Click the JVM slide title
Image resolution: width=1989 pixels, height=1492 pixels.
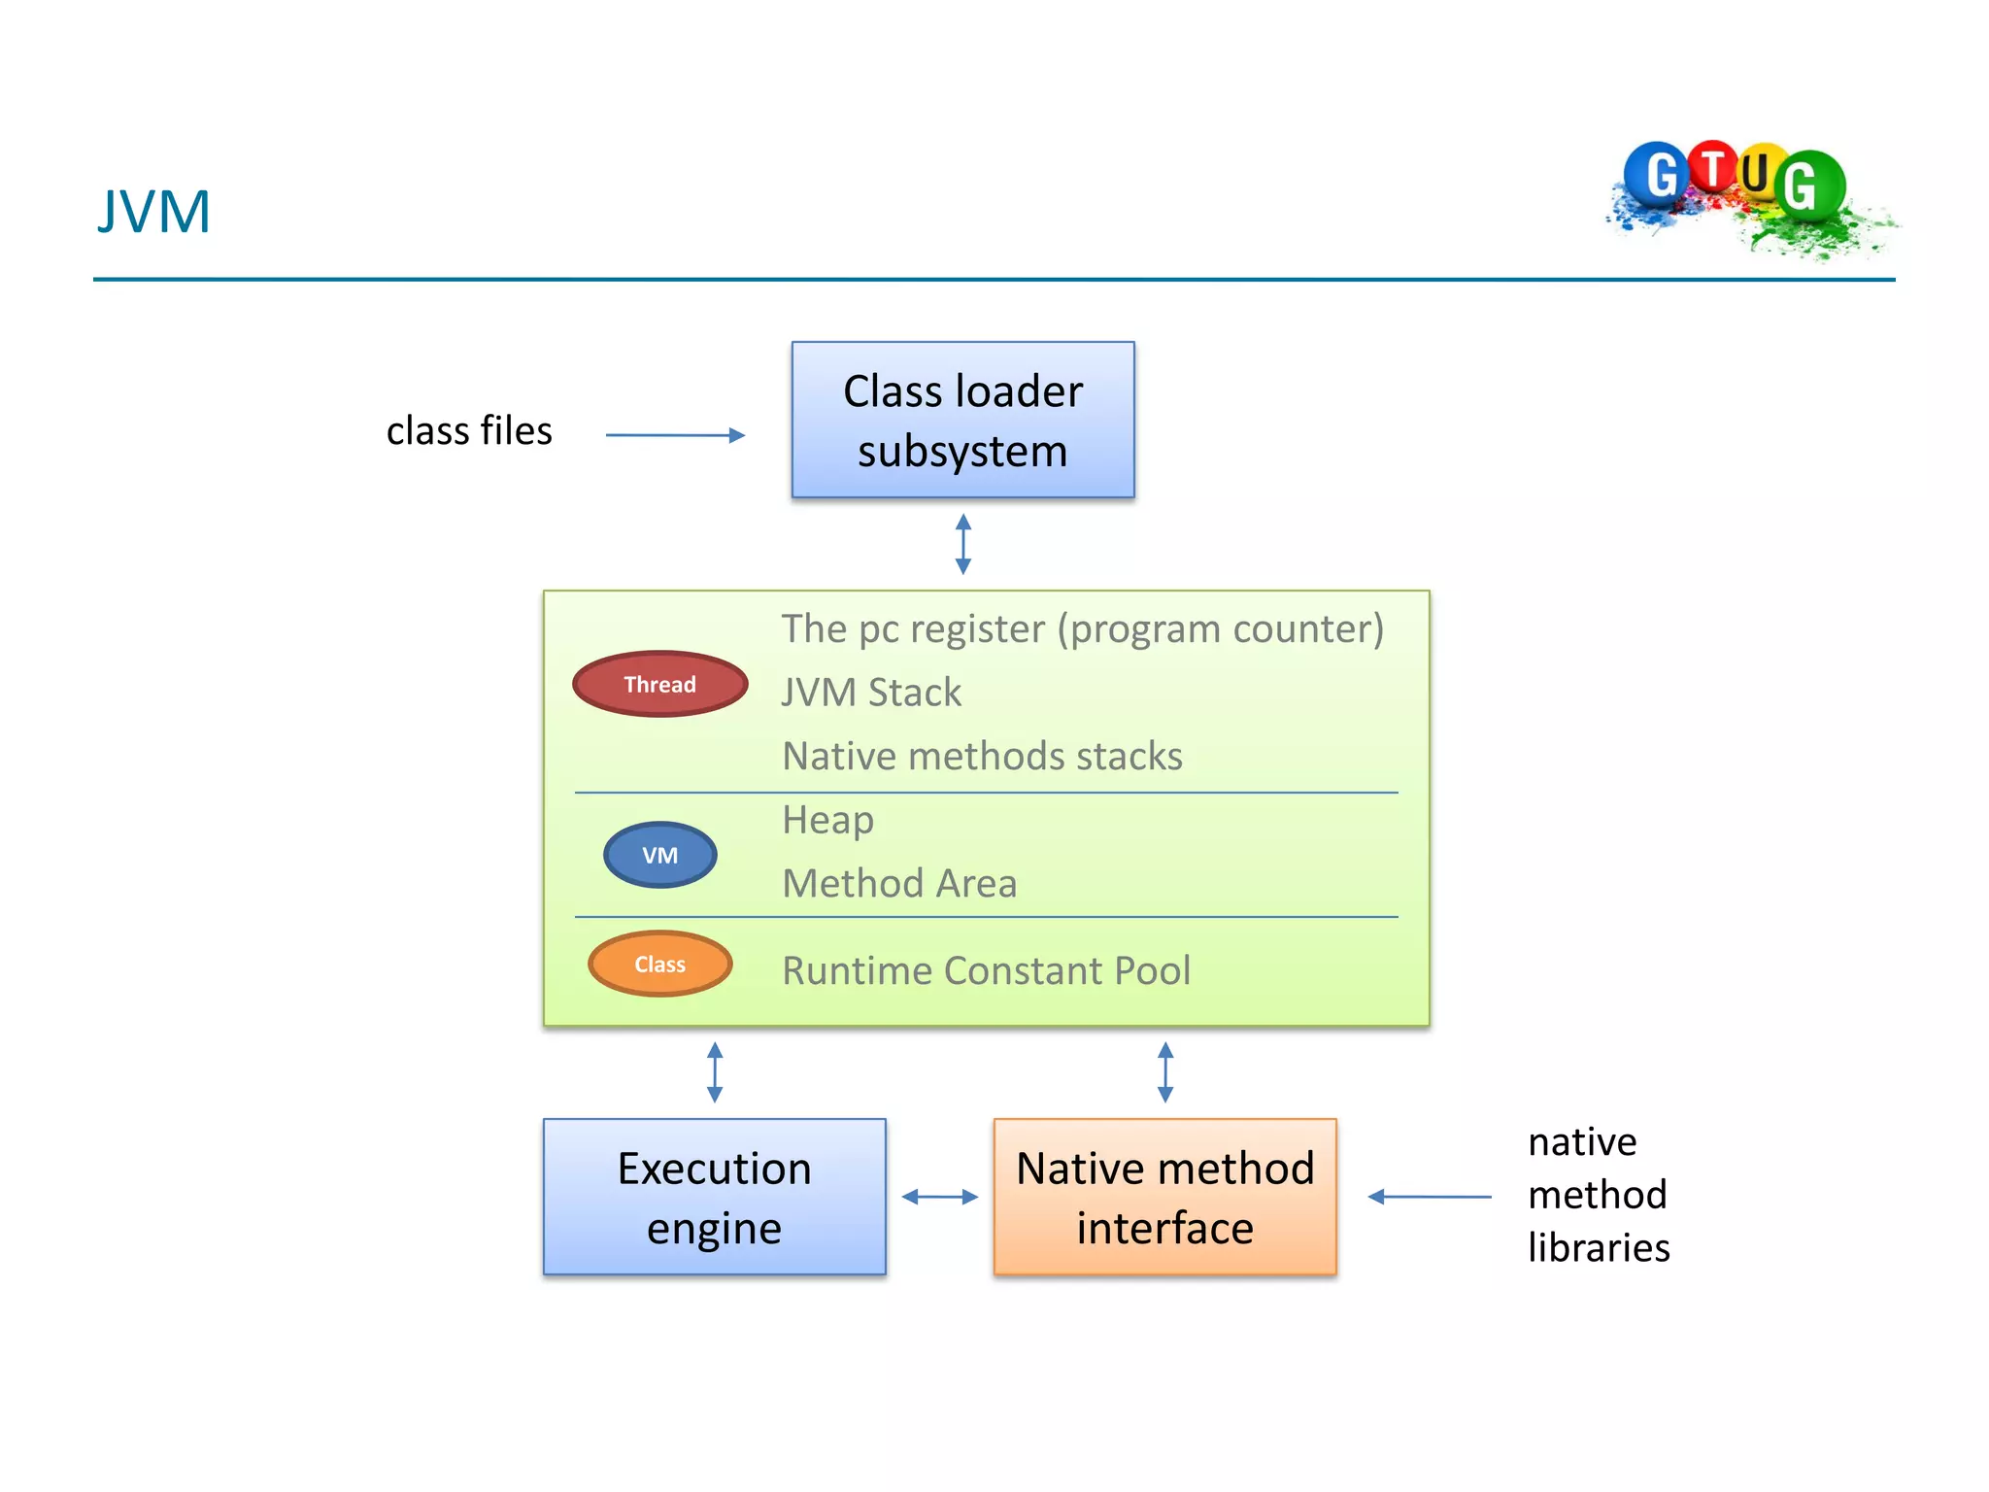[x=153, y=212]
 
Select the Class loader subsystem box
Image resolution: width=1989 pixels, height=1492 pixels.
[x=962, y=420]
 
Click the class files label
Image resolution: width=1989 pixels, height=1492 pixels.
[x=469, y=431]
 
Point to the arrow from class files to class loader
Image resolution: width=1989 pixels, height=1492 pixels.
[x=675, y=435]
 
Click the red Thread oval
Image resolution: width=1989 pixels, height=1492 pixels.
[x=659, y=684]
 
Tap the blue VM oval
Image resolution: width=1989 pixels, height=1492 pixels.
[x=659, y=855]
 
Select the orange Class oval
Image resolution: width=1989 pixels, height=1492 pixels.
[x=659, y=964]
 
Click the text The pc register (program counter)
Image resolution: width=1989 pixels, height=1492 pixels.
[x=1082, y=629]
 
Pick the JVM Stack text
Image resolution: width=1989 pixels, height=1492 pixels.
[x=871, y=693]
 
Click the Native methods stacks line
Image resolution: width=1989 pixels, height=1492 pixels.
[x=982, y=757]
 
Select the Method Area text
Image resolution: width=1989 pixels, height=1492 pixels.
[x=899, y=884]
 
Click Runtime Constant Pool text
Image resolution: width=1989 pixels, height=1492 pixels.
[x=986, y=971]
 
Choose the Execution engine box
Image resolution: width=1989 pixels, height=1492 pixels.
[x=714, y=1197]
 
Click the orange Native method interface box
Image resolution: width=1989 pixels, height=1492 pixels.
[x=1164, y=1197]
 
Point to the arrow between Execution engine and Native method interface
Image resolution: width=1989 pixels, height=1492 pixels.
[x=939, y=1197]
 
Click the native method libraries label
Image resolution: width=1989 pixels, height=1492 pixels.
[x=1598, y=1195]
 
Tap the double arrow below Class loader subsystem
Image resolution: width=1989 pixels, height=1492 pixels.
[x=962, y=544]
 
